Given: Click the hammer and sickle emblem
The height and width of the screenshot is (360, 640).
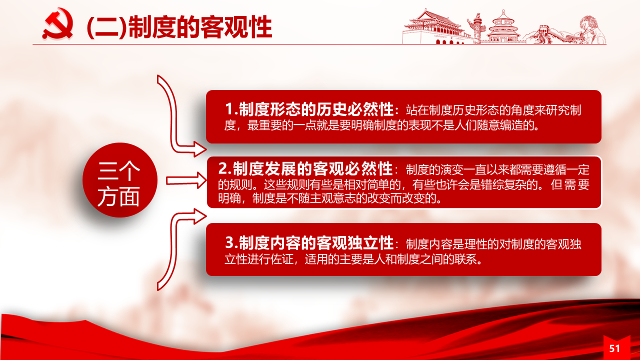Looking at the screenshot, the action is [58, 24].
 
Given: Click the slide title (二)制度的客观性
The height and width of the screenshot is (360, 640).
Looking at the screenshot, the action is [179, 27].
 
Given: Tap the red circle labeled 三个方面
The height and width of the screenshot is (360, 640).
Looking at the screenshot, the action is [119, 180].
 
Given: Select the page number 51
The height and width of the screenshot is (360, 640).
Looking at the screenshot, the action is [614, 348].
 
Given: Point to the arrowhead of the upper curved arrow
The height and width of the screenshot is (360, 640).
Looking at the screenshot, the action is [200, 149].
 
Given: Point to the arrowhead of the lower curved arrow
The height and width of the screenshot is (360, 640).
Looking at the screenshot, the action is [200, 216].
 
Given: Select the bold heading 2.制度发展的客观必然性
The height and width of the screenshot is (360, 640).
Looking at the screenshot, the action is [305, 169].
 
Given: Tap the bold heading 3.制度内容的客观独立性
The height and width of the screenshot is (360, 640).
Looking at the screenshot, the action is [309, 243].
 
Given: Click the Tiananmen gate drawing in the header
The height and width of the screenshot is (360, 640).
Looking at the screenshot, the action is [434, 27].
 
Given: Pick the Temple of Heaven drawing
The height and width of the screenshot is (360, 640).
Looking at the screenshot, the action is [503, 27].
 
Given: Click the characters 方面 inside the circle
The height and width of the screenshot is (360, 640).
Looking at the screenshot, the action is [118, 196].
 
